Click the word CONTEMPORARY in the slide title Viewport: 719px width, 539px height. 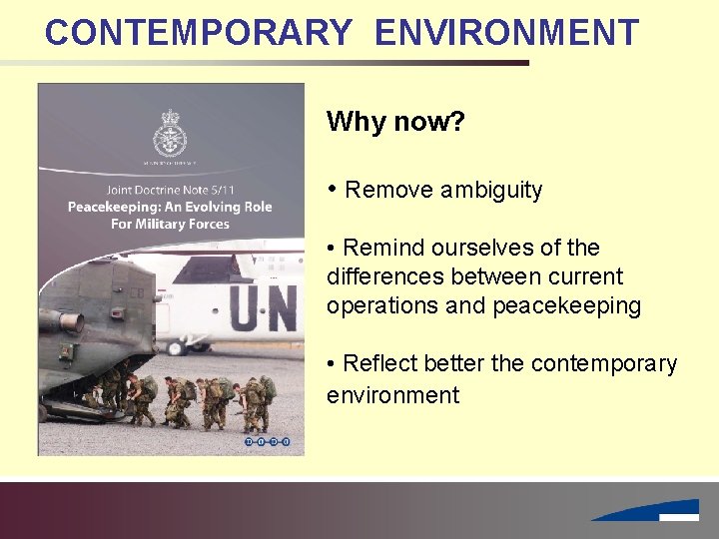pyautogui.click(x=198, y=33)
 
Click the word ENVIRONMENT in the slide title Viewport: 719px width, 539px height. pyautogui.click(x=506, y=33)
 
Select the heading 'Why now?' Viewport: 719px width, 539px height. pyautogui.click(x=394, y=123)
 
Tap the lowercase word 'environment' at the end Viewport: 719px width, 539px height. pyautogui.click(x=392, y=395)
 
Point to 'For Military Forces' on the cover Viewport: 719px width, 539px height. pyautogui.click(x=169, y=224)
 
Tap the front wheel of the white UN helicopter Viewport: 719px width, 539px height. pyautogui.click(x=177, y=348)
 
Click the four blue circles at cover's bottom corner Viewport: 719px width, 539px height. pyautogui.click(x=267, y=440)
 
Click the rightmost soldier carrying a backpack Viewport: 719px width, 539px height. pyautogui.click(x=266, y=399)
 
